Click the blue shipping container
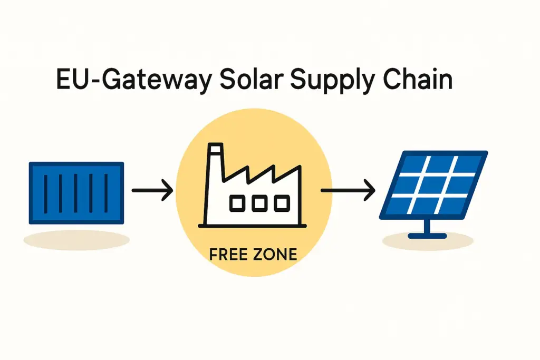[x=76, y=192]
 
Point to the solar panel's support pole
[x=427, y=226]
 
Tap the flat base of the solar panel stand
[x=427, y=235]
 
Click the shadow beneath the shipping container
[x=76, y=240]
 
